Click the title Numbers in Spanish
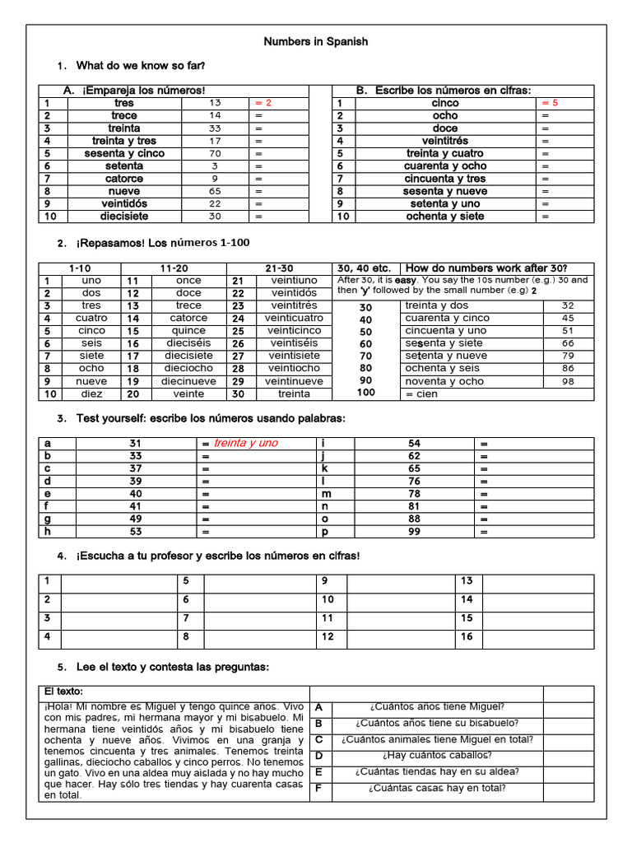[x=315, y=41]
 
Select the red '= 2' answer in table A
[x=263, y=103]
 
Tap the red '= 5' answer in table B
[x=550, y=103]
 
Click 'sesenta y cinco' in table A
[x=123, y=153]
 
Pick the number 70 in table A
[x=215, y=153]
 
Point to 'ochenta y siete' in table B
[x=444, y=217]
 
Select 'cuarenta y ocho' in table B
[x=444, y=165]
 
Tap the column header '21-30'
[x=279, y=268]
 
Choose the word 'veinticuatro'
[x=295, y=318]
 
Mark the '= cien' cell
[x=422, y=394]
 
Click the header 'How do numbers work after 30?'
[x=486, y=268]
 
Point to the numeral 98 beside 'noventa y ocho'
[x=568, y=381]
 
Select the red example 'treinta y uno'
[x=246, y=443]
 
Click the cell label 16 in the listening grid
[x=467, y=636]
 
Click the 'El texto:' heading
[x=64, y=692]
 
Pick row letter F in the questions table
[x=318, y=789]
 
